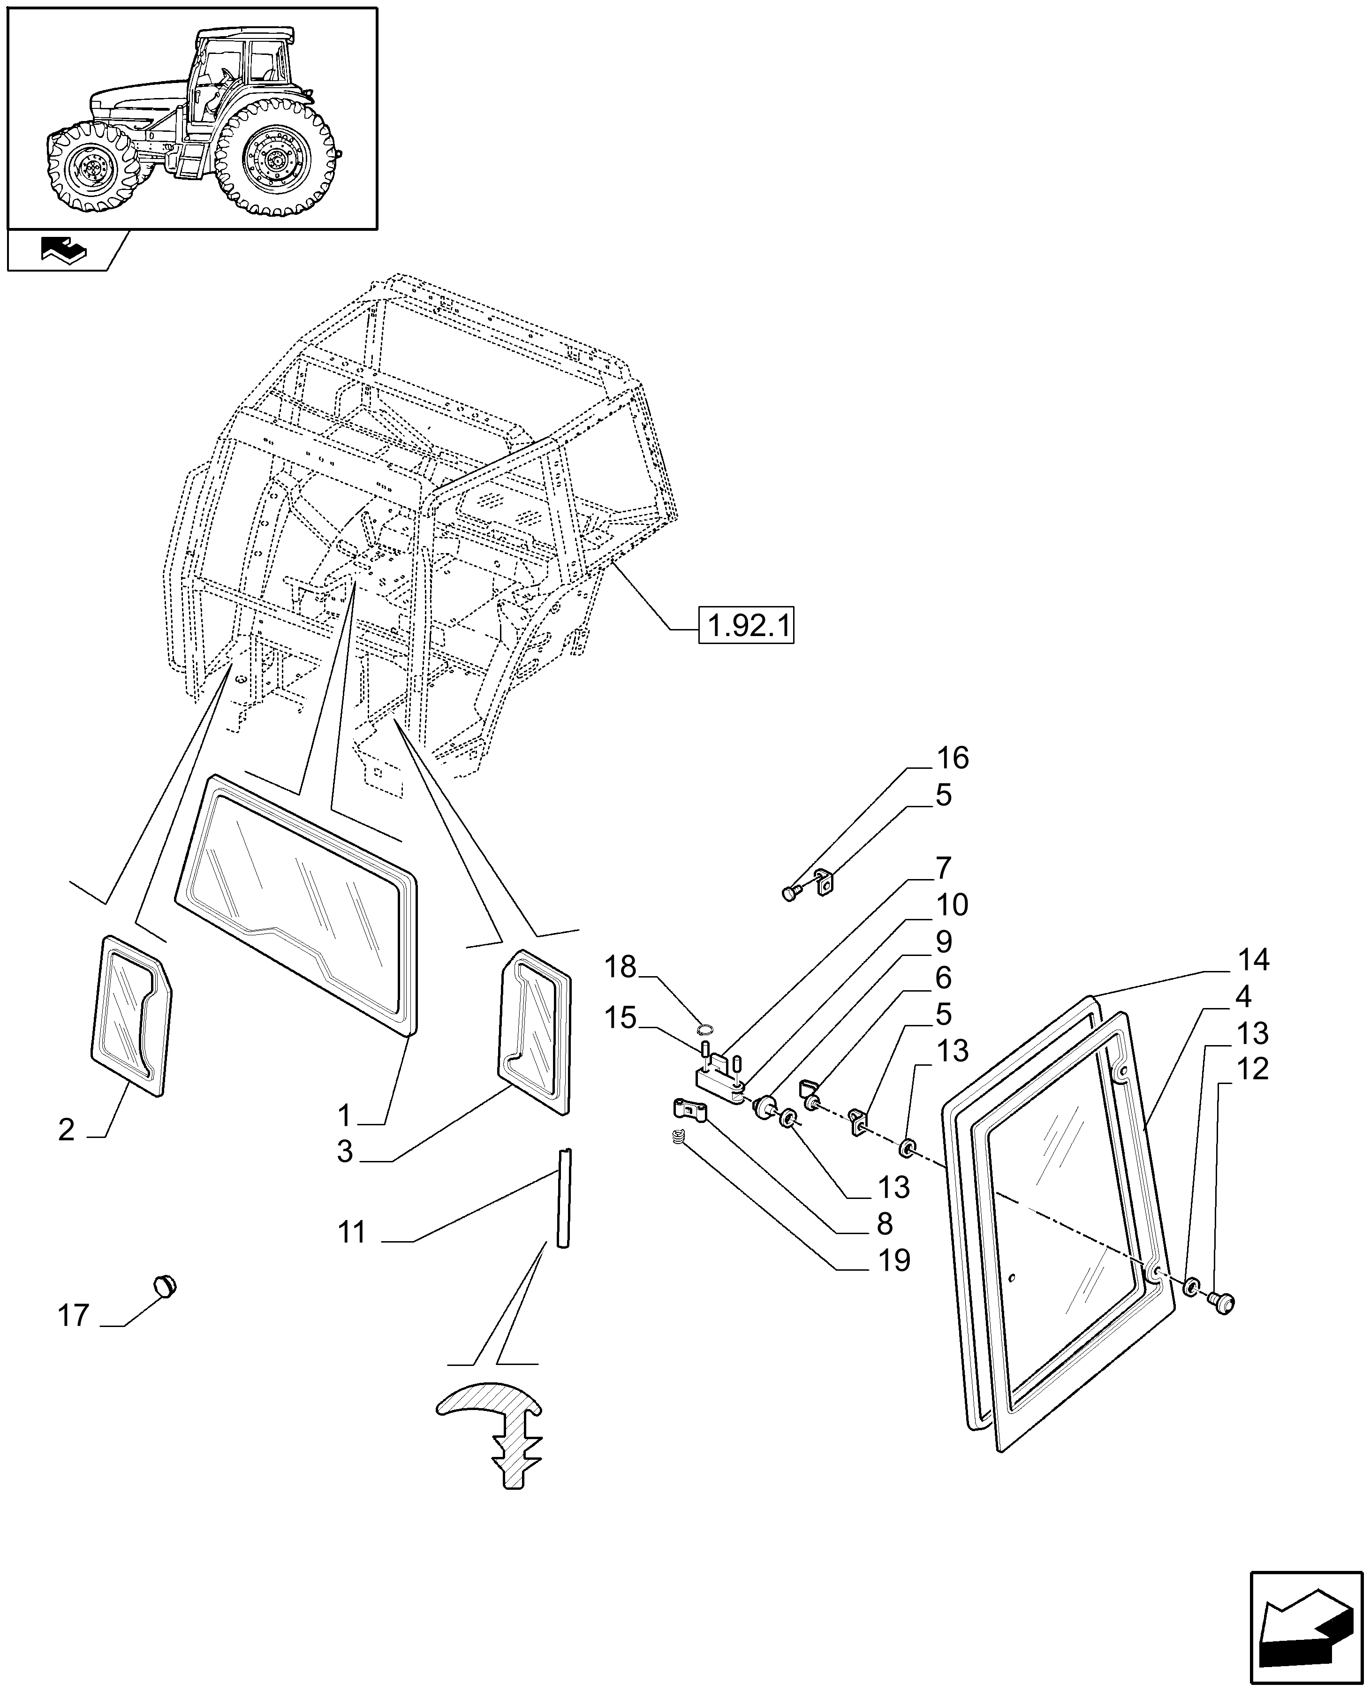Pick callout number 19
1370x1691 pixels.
click(894, 1261)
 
